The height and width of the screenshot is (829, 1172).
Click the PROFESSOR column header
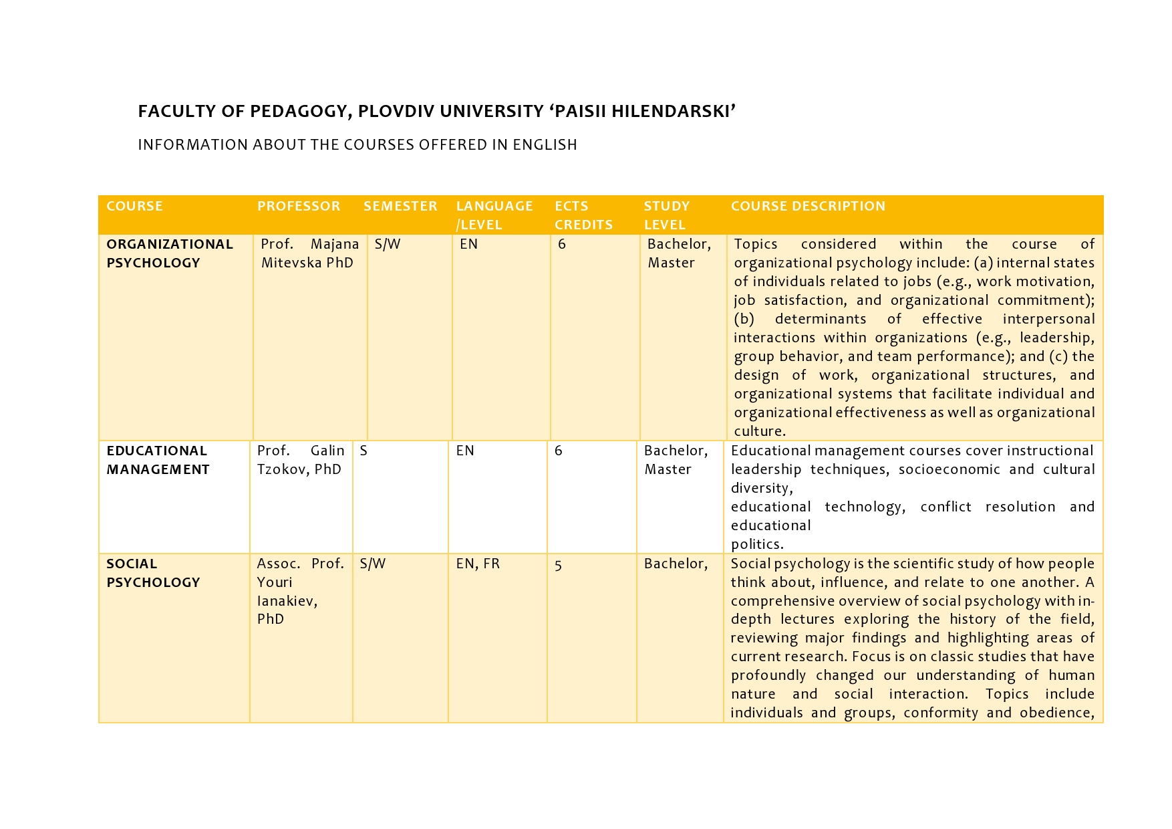tap(299, 206)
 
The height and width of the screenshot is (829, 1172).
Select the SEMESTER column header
tap(400, 206)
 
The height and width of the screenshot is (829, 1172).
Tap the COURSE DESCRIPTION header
tap(808, 206)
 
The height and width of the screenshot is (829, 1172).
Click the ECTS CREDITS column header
tap(583, 215)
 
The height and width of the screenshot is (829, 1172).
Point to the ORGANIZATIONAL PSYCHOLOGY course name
tap(170, 253)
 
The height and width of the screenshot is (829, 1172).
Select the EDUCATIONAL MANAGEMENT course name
tap(158, 460)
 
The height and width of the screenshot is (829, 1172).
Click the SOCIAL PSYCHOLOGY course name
tap(153, 573)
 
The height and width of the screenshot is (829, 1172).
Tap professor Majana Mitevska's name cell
tap(309, 253)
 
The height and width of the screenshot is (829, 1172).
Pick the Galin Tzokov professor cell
tap(300, 460)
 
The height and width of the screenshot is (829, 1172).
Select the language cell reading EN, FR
tap(478, 564)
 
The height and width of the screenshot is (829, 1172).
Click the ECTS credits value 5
tap(558, 566)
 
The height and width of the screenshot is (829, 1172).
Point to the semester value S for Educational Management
tap(363, 451)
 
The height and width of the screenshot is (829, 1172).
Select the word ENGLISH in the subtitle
tap(545, 144)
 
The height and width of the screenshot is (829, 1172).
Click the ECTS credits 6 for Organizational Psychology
tap(562, 244)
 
